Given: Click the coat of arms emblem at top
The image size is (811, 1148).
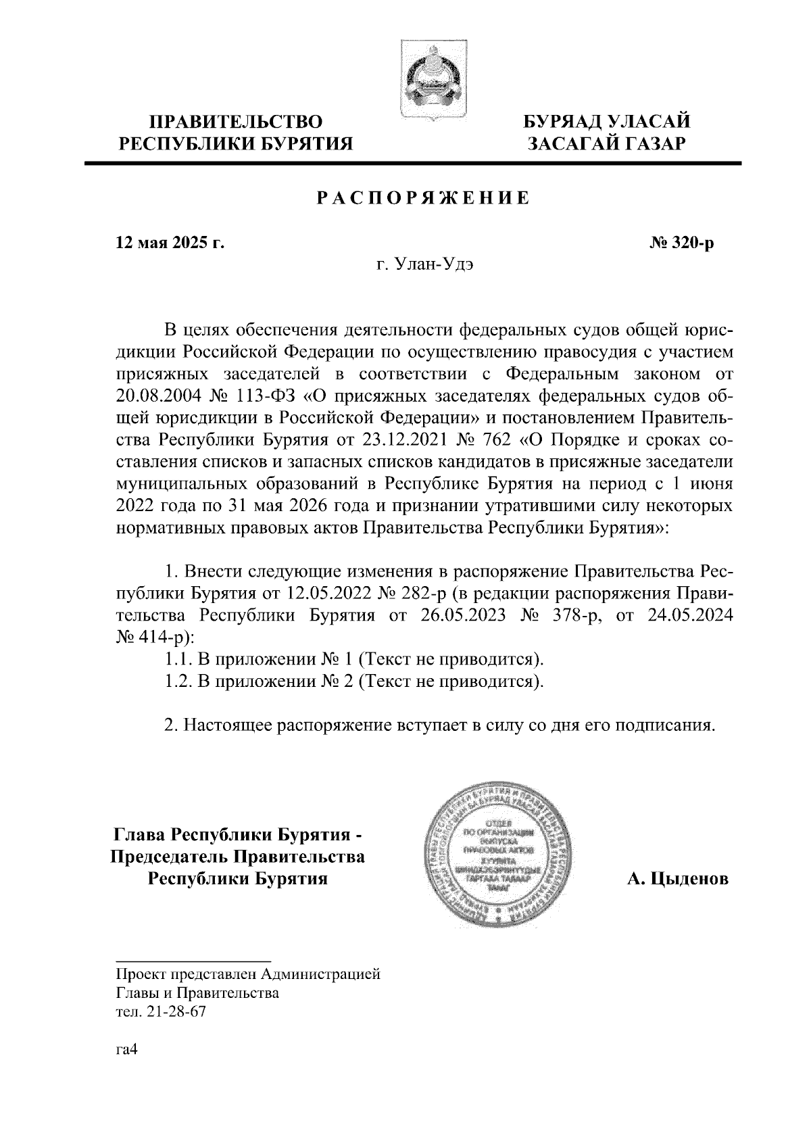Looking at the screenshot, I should click(x=434, y=79).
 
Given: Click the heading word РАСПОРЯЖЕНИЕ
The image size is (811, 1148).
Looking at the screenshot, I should click(x=423, y=198).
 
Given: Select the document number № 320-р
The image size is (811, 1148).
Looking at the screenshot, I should click(x=681, y=243).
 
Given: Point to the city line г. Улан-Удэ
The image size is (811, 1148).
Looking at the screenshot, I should click(x=424, y=265).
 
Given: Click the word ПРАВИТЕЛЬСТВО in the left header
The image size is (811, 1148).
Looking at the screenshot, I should click(x=236, y=122).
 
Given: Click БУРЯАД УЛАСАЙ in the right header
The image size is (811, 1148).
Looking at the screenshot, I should click(x=608, y=122).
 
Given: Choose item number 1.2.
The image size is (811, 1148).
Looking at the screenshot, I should click(x=178, y=681).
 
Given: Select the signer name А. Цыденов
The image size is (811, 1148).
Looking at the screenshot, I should click(x=678, y=879).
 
